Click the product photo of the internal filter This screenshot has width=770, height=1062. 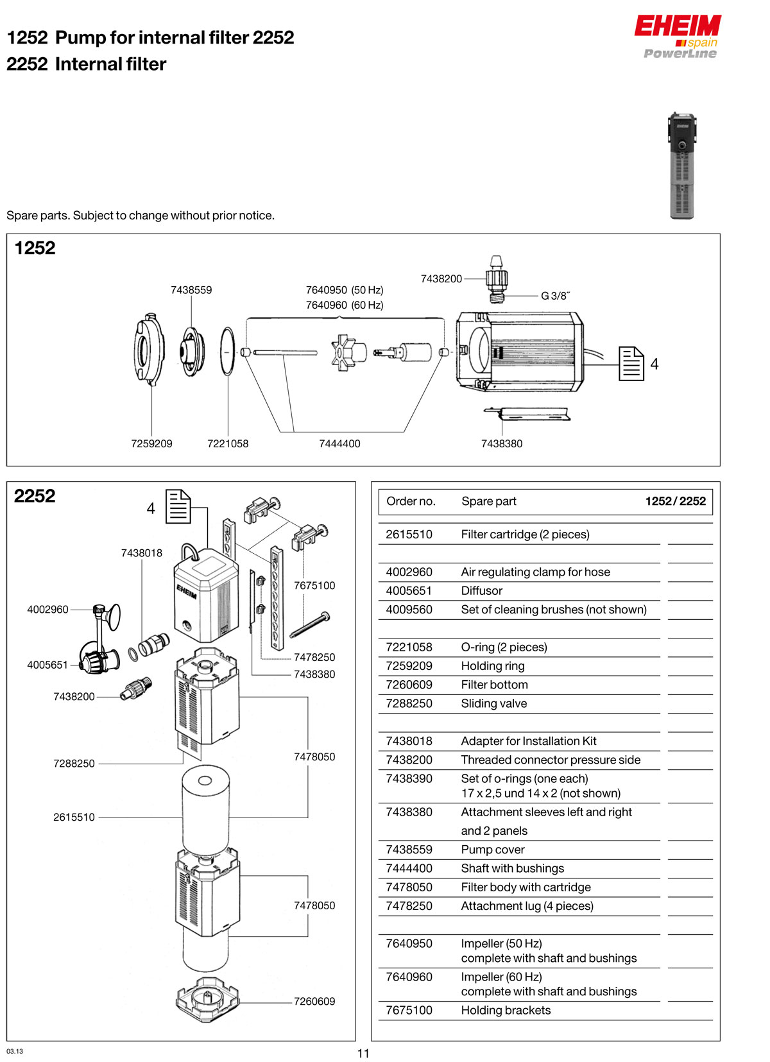(681, 166)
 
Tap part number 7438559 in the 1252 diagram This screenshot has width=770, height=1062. (191, 290)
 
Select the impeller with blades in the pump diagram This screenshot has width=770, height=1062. (347, 352)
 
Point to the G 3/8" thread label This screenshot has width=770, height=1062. (555, 296)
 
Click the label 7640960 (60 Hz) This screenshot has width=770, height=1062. (345, 305)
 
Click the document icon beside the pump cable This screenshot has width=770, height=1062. (631, 363)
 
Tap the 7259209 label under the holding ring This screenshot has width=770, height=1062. (151, 443)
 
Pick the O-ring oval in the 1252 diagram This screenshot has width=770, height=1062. (228, 351)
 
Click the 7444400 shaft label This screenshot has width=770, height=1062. (339, 443)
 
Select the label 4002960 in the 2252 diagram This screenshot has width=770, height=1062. (47, 610)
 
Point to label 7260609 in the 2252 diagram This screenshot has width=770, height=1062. (314, 1001)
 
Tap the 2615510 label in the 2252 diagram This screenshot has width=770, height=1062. (74, 817)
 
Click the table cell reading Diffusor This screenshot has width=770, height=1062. (481, 590)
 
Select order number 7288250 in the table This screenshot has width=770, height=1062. (409, 703)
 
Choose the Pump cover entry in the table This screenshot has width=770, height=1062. (492, 850)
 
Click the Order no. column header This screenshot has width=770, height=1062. (411, 501)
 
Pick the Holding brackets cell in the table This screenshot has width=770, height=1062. (506, 1010)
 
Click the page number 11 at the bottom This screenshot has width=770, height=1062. (363, 1053)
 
